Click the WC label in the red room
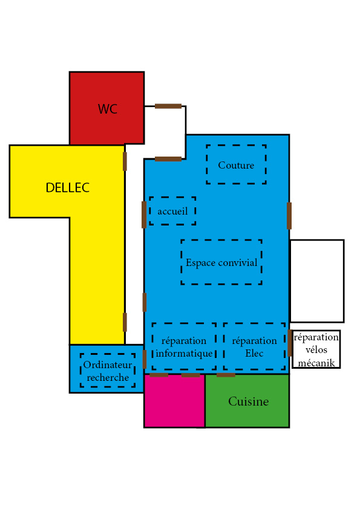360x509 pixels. (108, 109)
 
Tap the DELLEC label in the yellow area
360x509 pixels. (68, 187)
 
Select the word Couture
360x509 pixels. (236, 165)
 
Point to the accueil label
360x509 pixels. (172, 212)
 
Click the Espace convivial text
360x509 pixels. (221, 262)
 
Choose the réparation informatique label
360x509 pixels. (184, 347)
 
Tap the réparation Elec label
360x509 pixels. (254, 347)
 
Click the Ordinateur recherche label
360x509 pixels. (108, 371)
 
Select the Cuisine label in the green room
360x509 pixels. (249, 401)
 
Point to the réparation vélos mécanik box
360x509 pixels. (316, 349)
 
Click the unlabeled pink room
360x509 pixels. (174, 401)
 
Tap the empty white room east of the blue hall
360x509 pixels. (317, 281)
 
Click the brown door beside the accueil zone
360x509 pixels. (144, 215)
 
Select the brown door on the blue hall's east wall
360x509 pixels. (289, 216)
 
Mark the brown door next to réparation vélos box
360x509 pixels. (289, 343)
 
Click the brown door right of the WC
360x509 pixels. (168, 106)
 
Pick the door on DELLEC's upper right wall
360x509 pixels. (125, 161)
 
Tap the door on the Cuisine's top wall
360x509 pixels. (226, 375)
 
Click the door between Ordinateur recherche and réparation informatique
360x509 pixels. (145, 359)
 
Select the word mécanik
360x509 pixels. (316, 363)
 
